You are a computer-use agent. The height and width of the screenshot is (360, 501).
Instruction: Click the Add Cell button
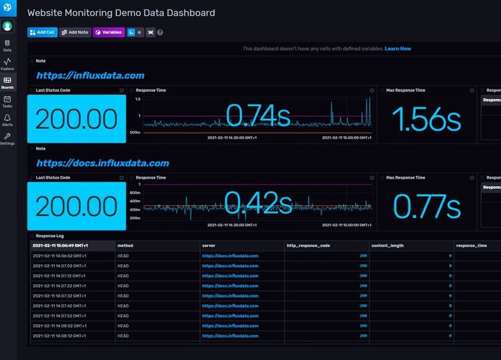(x=42, y=32)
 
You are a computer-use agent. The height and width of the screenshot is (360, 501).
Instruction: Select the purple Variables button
(x=108, y=32)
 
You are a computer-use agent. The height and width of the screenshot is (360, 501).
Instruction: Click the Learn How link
(x=398, y=48)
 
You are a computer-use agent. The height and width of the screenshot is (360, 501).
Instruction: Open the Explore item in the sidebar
(x=8, y=64)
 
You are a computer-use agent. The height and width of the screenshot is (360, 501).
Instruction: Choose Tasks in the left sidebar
(x=8, y=101)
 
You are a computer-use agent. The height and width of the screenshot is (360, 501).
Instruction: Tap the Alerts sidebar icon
(x=8, y=120)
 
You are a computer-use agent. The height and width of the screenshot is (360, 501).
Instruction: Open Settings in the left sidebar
(x=8, y=138)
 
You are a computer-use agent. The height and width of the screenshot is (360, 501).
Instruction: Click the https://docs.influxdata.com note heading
(x=103, y=163)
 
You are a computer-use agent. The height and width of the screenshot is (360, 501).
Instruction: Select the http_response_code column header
(x=308, y=246)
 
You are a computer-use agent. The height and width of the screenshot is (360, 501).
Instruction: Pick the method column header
(x=125, y=246)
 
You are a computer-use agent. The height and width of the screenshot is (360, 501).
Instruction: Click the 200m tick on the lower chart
(x=135, y=218)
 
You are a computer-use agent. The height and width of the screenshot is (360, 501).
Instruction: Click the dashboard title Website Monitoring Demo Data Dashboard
(x=121, y=13)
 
